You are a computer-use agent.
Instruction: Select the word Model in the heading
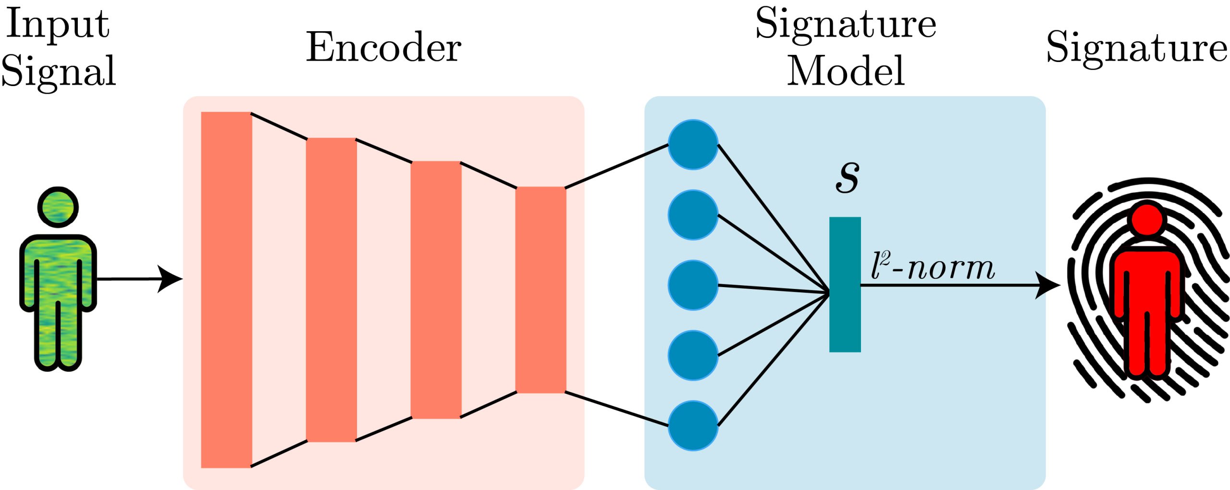(x=846, y=71)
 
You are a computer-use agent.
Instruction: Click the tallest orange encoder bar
(x=226, y=289)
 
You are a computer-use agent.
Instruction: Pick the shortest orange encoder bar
(x=541, y=289)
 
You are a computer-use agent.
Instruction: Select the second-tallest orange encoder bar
(x=332, y=289)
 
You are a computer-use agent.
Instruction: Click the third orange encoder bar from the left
(x=436, y=289)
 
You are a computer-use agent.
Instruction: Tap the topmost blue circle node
(x=693, y=145)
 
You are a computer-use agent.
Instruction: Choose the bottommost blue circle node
(x=693, y=426)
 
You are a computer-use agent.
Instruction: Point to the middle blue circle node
(x=693, y=285)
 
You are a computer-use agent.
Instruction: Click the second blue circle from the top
(x=693, y=215)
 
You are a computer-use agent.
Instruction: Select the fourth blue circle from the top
(x=693, y=355)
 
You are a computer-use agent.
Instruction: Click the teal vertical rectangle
(x=845, y=285)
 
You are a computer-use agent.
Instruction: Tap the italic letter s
(x=848, y=176)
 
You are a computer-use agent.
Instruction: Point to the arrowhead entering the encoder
(x=171, y=279)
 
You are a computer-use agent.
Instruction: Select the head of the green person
(x=58, y=207)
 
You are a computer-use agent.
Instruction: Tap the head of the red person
(x=1147, y=219)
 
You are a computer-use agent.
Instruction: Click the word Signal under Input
(x=59, y=71)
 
